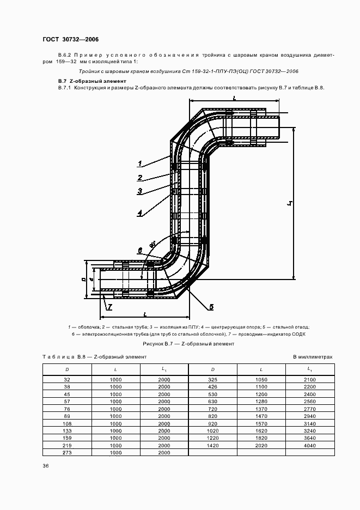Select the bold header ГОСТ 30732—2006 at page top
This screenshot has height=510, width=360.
70,39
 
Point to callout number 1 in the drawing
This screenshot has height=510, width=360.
140,163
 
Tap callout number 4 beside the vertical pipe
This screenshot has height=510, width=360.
140,213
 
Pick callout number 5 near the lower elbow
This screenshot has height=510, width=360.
211,306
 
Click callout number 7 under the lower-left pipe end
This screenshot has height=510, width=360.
109,307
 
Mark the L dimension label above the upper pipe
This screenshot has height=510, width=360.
234,98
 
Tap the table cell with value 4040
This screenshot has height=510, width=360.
309,445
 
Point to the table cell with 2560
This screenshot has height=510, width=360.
309,400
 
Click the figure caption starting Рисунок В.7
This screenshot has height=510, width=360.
188,343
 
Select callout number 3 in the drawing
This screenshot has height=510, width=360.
140,191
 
